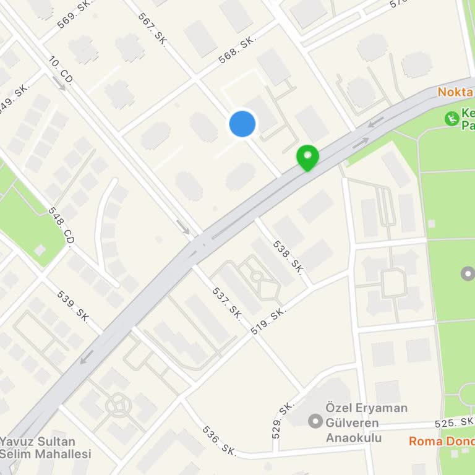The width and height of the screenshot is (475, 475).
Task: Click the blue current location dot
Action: [x=242, y=124]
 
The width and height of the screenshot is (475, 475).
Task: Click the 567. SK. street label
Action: [x=150, y=27]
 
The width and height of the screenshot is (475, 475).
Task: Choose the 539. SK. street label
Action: [x=73, y=305]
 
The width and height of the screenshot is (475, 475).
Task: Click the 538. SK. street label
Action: [x=288, y=257]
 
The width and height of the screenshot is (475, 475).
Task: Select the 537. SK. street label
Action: [x=227, y=302]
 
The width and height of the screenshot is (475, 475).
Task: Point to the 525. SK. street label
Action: [x=453, y=422]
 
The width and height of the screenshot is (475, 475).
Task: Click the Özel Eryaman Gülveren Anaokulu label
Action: [x=367, y=423]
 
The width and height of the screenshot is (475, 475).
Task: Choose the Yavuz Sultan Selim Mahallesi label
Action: [x=46, y=448]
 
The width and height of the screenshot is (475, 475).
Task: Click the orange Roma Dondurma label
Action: [x=442, y=441]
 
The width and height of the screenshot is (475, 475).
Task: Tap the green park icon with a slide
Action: [x=452, y=118]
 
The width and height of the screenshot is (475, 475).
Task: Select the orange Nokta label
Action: [x=455, y=92]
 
